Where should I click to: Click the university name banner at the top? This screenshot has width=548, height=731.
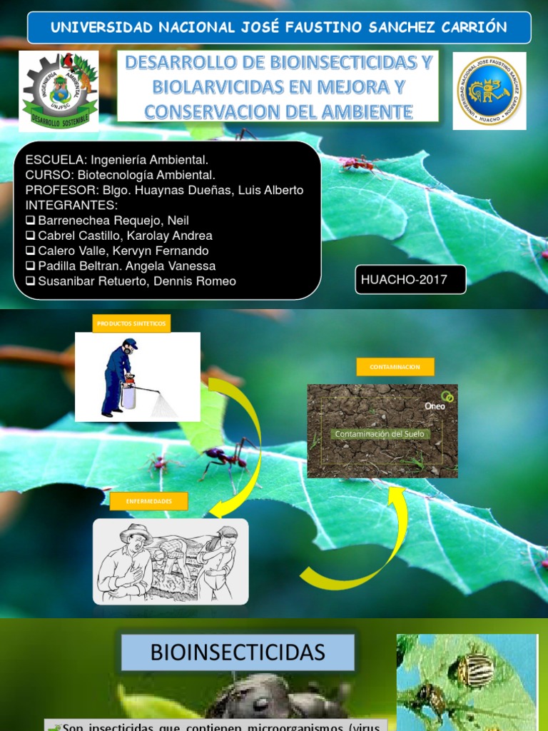tap(278, 28)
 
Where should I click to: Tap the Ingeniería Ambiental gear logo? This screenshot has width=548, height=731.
tap(59, 91)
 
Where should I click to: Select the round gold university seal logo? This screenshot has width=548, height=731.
tap(489, 91)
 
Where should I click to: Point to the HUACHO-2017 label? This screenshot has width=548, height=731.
tap(410, 279)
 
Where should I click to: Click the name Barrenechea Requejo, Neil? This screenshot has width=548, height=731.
tap(113, 221)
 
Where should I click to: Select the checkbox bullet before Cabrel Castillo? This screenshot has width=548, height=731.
tap(30, 236)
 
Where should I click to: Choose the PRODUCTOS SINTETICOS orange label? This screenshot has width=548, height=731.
tap(131, 323)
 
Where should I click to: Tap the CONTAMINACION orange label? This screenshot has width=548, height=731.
tap(395, 367)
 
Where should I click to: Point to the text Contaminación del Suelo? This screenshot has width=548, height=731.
tap(380, 434)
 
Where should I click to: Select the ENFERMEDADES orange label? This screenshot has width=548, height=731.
tap(149, 501)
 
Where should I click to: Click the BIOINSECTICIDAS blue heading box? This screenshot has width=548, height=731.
tap(238, 652)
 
